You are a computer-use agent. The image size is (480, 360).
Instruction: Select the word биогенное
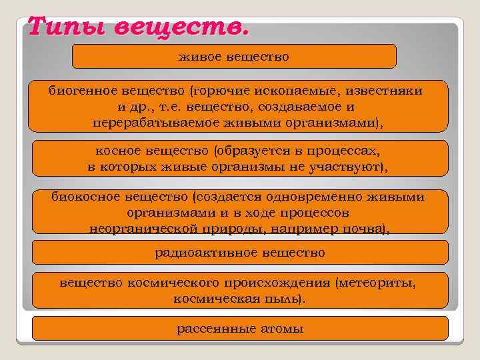(x=77, y=89)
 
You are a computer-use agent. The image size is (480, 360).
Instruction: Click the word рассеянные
(x=215, y=329)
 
